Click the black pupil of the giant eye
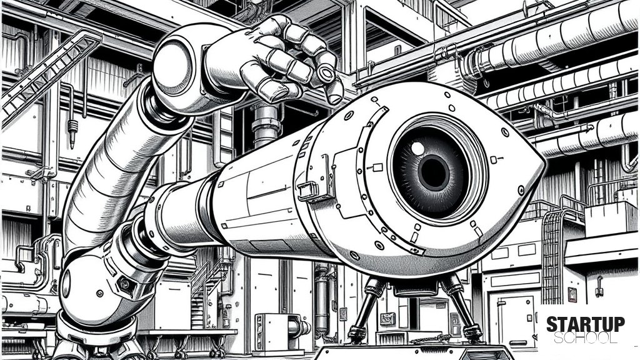coord(434,172)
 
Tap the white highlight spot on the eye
coord(417,148)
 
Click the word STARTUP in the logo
coord(585,324)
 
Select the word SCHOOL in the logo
coord(585,338)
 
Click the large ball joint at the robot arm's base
coord(87,286)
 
